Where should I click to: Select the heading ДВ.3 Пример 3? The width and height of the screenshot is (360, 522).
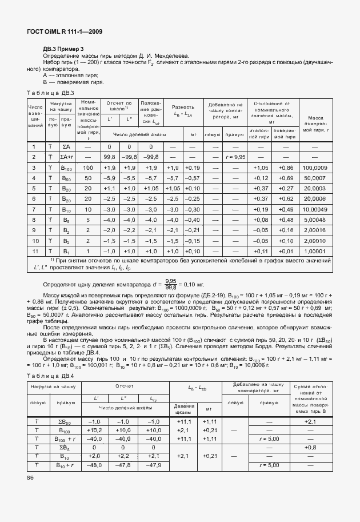tap(63, 49)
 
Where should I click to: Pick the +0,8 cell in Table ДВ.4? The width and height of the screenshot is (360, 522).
tap(310, 448)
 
